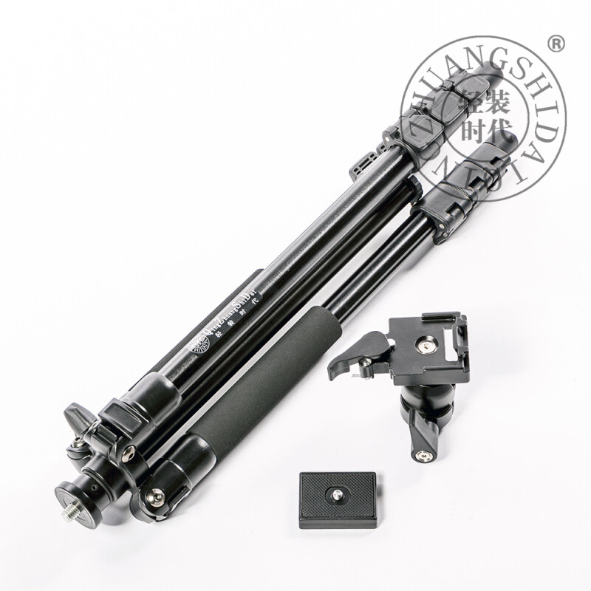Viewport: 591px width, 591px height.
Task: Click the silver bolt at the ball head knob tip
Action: (423, 456)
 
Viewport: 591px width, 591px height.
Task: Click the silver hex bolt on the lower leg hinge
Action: (156, 496)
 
